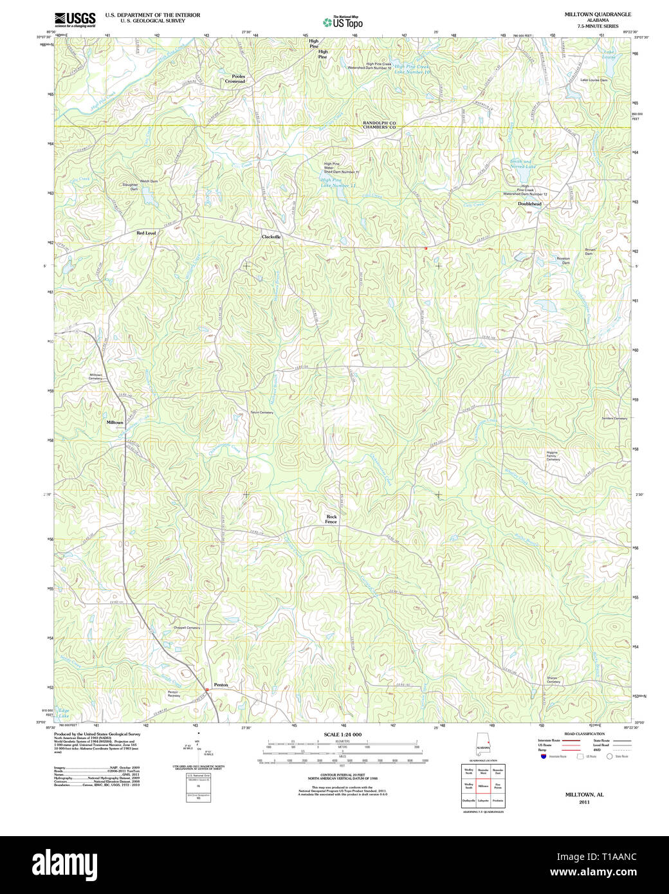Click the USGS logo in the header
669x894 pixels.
[x=75, y=19]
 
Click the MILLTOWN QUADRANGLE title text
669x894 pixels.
[x=598, y=14]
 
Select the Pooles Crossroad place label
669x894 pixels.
[x=235, y=79]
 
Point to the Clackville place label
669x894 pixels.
[x=271, y=237]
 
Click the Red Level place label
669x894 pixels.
[x=146, y=233]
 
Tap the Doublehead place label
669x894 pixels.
[x=529, y=204]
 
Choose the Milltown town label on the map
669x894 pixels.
[x=115, y=423]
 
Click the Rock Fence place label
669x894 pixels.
[x=331, y=519]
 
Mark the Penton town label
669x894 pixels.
[x=221, y=685]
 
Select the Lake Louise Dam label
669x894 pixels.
[x=594, y=80]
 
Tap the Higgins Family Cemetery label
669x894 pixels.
[x=553, y=456]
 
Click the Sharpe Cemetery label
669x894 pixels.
[x=553, y=680]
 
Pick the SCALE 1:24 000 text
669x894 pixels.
[x=342, y=734]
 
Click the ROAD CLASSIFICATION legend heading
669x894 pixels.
[x=584, y=734]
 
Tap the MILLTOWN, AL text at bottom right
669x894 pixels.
[x=584, y=795]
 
